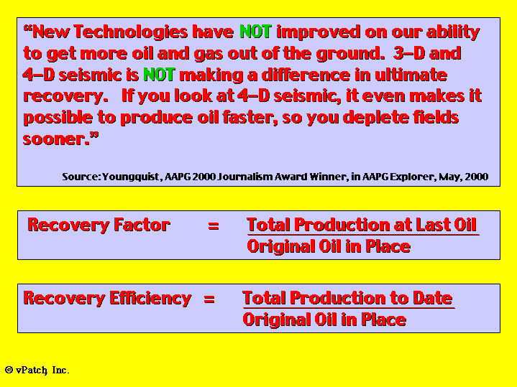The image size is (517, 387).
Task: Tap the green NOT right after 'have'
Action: coord(256,32)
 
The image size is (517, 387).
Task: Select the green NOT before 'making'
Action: coord(159,75)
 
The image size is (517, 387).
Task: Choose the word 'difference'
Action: coord(306,75)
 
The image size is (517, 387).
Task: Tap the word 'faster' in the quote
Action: coord(250,118)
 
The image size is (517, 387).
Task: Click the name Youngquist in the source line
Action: coord(131,177)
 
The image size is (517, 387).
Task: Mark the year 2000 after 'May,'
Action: coord(477,177)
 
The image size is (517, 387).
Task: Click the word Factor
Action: coord(142,225)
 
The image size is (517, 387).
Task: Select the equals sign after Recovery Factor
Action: coord(214,226)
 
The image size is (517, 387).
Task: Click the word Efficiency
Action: coord(150,299)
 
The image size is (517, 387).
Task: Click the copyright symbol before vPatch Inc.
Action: coord(9,370)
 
